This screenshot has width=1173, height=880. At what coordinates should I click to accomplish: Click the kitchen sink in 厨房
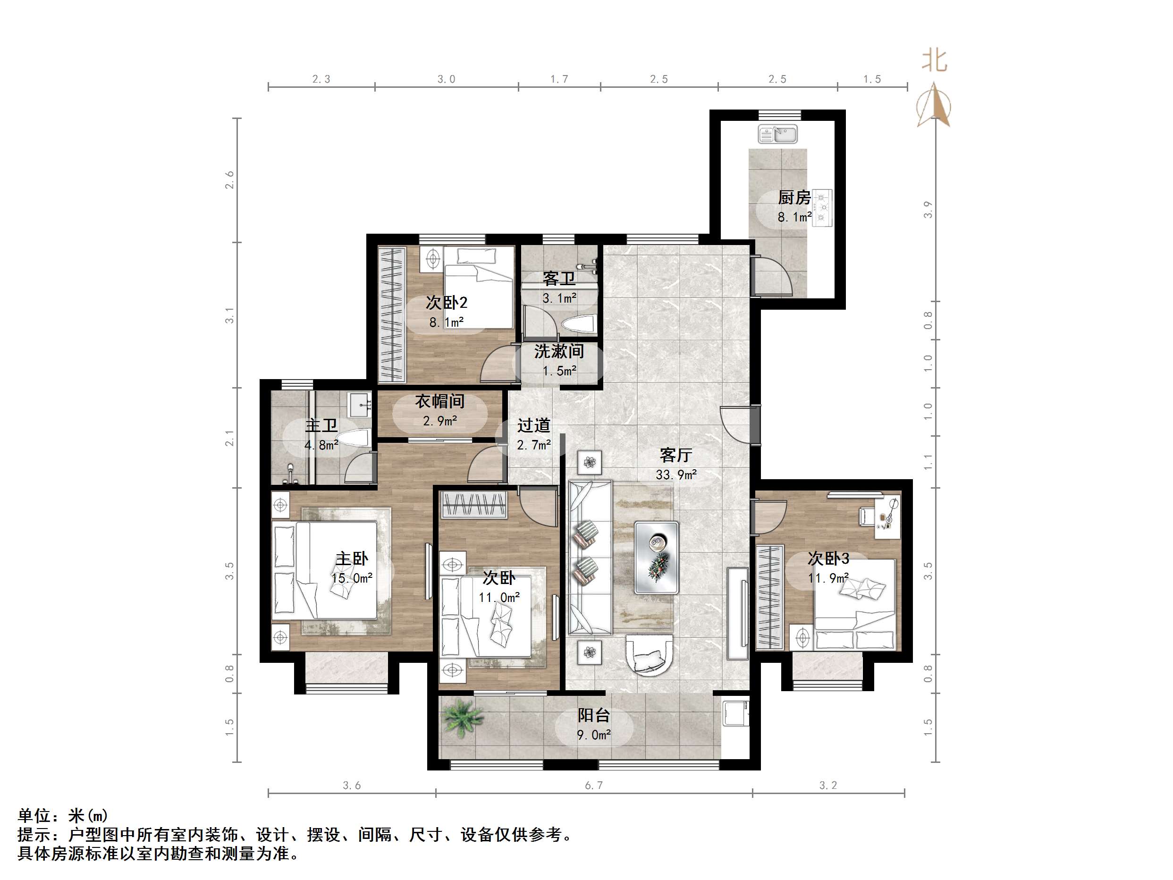[777, 134]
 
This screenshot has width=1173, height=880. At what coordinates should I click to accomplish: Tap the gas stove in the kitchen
[822, 207]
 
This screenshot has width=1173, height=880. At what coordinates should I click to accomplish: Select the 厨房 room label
[794, 197]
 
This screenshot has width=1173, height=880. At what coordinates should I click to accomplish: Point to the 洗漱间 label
[559, 351]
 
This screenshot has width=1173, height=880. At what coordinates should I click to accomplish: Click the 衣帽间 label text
[439, 401]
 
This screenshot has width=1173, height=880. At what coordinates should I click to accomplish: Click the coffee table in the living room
[657, 557]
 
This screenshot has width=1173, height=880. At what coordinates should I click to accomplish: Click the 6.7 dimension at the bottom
[593, 786]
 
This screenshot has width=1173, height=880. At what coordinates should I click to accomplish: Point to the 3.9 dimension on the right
[928, 209]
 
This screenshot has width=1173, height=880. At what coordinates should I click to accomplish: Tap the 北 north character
[934, 60]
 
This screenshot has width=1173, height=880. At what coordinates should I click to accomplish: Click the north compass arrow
[934, 106]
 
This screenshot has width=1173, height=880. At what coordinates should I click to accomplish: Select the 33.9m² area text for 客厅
[675, 475]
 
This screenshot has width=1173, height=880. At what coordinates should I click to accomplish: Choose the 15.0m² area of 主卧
[352, 578]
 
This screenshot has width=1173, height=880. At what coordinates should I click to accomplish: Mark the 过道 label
[533, 425]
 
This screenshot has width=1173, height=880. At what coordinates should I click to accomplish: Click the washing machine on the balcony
[736, 713]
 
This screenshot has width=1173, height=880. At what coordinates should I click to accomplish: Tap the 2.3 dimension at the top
[321, 79]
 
